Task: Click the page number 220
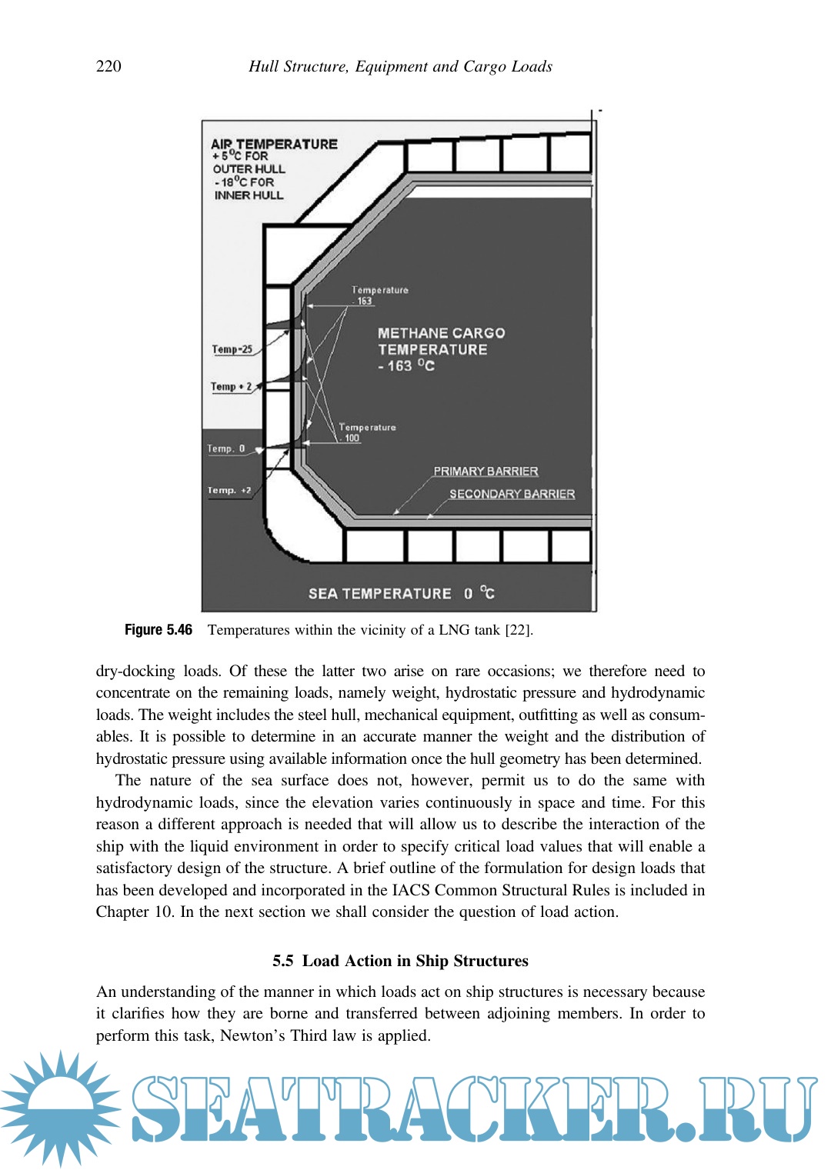[x=108, y=66]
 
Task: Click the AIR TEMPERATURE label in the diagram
[x=274, y=144]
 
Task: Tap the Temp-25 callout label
[x=232, y=349]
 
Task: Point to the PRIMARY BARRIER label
[x=486, y=471]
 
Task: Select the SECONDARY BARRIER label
[x=512, y=494]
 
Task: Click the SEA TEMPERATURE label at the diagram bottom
[x=379, y=593]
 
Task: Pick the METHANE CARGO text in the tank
[x=441, y=333]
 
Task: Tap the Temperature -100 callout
[x=367, y=432]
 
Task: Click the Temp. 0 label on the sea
[x=225, y=448]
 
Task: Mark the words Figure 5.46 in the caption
[x=158, y=630]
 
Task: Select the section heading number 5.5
[x=282, y=961]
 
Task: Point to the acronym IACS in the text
[x=411, y=890]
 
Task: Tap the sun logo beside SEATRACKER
[x=60, y=1108]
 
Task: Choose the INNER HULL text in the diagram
[x=249, y=195]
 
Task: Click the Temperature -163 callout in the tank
[x=379, y=295]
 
